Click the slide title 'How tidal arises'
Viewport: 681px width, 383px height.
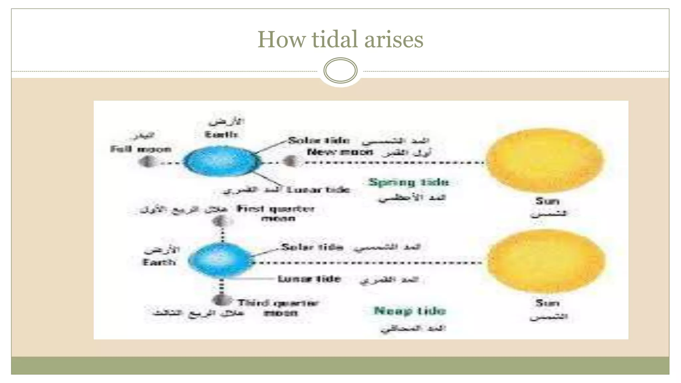coord(340,40)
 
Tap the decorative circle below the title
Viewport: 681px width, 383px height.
coord(340,70)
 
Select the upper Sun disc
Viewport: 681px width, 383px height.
coord(544,160)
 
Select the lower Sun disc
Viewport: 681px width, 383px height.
coord(546,261)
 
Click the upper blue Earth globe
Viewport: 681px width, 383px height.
coord(222,162)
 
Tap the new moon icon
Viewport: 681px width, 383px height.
coord(290,162)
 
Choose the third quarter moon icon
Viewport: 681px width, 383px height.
coord(221,300)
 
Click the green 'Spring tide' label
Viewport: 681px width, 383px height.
coord(409,182)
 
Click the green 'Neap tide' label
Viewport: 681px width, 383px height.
coord(410,311)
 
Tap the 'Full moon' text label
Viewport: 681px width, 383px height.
coord(141,149)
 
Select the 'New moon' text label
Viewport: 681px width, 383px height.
coord(340,152)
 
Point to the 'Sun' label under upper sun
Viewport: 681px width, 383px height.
coord(547,201)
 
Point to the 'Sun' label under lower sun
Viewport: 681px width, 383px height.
coord(547,303)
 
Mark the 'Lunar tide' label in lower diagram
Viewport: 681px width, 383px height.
coord(309,279)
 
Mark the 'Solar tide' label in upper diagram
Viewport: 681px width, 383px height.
coord(319,141)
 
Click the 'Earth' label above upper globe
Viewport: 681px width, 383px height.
coord(221,135)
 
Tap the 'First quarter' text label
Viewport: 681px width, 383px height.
coord(275,209)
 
